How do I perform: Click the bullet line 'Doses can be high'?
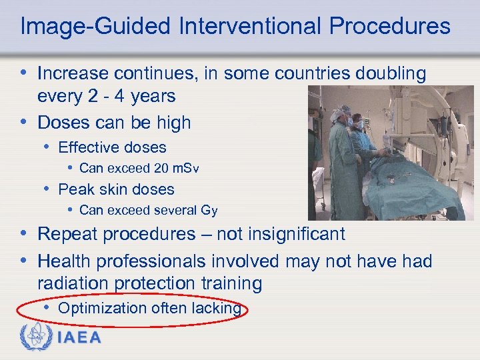point(114,123)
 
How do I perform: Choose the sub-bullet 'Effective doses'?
point(112,147)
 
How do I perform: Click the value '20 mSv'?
point(178,169)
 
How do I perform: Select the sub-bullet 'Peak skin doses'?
point(116,189)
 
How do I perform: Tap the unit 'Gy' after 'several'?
point(209,211)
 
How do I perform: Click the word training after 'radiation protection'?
point(230,284)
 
